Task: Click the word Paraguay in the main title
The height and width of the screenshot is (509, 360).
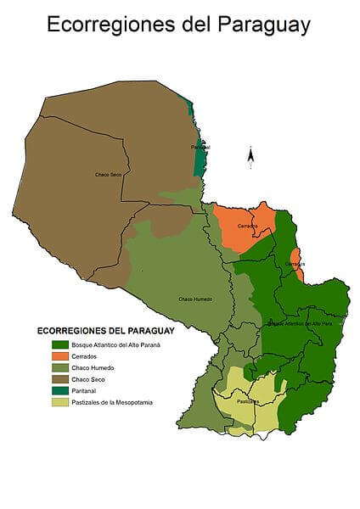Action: pos(261,25)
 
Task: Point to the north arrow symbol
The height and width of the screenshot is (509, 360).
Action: pos(250,155)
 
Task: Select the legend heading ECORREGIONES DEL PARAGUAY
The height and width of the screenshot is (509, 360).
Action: pos(105,330)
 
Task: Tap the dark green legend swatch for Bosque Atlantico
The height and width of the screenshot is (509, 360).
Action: pos(59,344)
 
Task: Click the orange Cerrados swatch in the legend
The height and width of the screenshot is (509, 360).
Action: pos(59,356)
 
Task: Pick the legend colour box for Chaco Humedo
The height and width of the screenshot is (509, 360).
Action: pos(59,367)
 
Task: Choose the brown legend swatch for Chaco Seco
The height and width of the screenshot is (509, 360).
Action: pos(59,379)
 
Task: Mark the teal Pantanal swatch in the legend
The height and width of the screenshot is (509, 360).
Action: pos(59,390)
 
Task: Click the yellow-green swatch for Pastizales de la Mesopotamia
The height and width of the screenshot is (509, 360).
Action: pos(59,402)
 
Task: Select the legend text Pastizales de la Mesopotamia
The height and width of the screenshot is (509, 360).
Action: pos(112,402)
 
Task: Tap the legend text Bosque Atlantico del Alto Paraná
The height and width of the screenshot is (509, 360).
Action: pos(115,344)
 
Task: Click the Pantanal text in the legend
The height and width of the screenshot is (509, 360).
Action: pos(85,390)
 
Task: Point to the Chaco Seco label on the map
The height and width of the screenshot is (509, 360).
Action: pos(108,174)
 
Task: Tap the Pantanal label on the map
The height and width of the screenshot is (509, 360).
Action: pos(200,148)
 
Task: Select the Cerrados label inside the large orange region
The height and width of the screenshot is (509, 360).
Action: pos(247,226)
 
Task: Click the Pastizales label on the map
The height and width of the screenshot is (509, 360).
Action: pos(248,401)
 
